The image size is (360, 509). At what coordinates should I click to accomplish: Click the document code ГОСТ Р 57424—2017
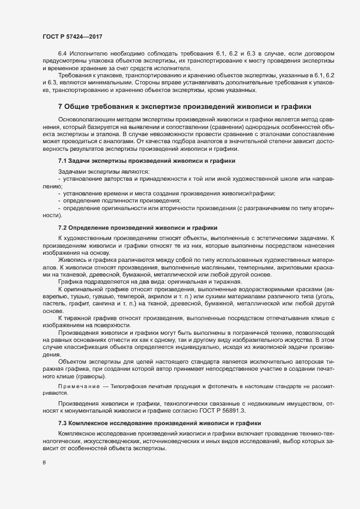[x=72, y=36]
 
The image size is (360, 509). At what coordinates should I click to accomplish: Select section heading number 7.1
[x=62, y=161]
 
